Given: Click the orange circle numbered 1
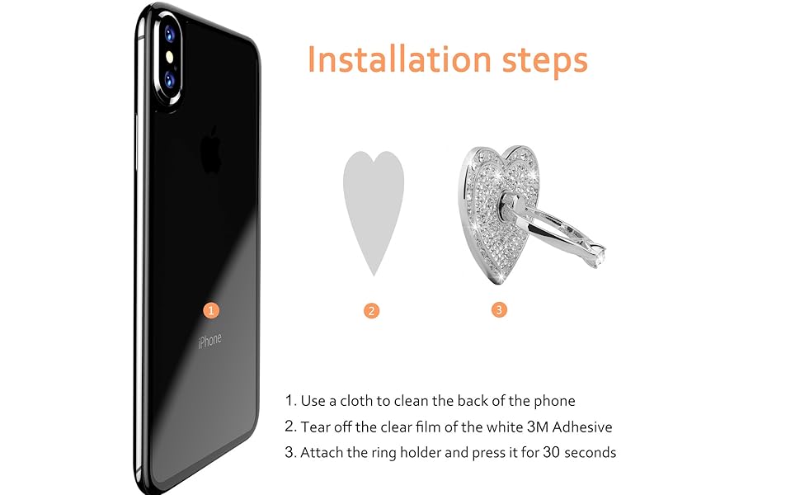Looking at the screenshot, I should point(211,310).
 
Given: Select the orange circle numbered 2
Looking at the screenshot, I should point(372,311).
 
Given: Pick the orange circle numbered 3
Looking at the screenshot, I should point(499,310).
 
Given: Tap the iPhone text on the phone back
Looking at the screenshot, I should point(209,339).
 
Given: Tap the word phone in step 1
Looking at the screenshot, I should point(556,401).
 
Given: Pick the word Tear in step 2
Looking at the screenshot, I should point(316,427).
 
